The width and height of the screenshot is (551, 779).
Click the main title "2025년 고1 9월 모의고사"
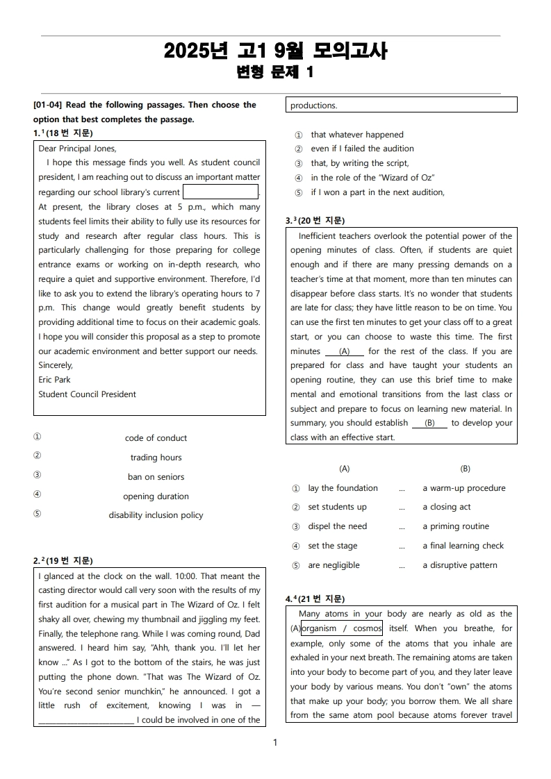(x=275, y=51)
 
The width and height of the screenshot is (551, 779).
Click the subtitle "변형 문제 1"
(x=275, y=72)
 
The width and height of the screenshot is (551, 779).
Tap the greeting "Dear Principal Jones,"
(x=77, y=149)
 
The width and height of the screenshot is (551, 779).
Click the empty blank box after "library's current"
(x=220, y=192)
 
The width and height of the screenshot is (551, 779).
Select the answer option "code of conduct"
(x=156, y=438)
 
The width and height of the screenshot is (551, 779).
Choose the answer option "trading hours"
(x=156, y=458)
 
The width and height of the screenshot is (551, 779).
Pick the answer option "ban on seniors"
(x=156, y=477)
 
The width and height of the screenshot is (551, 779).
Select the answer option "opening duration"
(x=156, y=496)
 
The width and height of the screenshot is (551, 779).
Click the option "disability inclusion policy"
(x=156, y=515)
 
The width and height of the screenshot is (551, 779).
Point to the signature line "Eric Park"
(x=54, y=380)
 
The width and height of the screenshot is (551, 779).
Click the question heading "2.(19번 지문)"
(x=63, y=560)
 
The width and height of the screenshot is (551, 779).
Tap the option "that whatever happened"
(x=356, y=135)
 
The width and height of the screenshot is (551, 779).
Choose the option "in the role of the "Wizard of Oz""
(x=372, y=178)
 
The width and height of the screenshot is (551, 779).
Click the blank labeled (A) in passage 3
(x=345, y=352)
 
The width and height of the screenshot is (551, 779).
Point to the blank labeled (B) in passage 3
(x=429, y=423)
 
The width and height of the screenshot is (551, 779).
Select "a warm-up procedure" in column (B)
(x=463, y=488)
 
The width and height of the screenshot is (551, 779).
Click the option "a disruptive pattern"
(x=459, y=565)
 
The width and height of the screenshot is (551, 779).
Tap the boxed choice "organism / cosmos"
(x=341, y=628)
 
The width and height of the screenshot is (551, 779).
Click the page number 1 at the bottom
(x=275, y=743)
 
